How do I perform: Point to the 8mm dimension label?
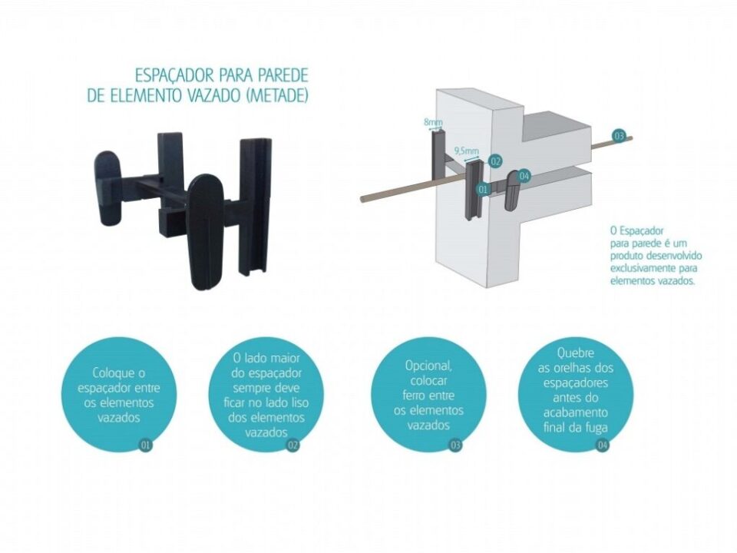[433, 122]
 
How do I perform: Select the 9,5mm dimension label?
[466, 151]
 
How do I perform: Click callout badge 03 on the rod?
[619, 137]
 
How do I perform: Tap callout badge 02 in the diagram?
[495, 161]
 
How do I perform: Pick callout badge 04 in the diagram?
[524, 177]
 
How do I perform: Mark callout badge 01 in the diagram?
[482, 190]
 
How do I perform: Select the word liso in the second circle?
[299, 403]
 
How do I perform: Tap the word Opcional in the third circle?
[428, 366]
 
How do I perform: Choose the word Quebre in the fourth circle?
[575, 353]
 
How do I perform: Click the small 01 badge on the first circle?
[146, 445]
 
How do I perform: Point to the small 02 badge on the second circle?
[292, 445]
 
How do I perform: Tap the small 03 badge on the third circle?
[455, 445]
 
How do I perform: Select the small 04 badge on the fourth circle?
[602, 445]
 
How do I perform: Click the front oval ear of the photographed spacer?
[206, 232]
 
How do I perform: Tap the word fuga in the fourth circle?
[597, 428]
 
